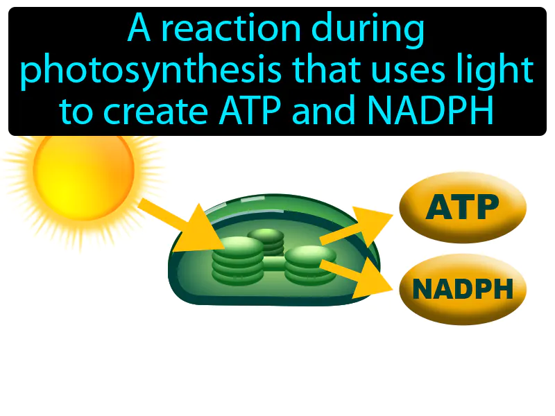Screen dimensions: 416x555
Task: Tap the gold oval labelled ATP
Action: coord(463,207)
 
